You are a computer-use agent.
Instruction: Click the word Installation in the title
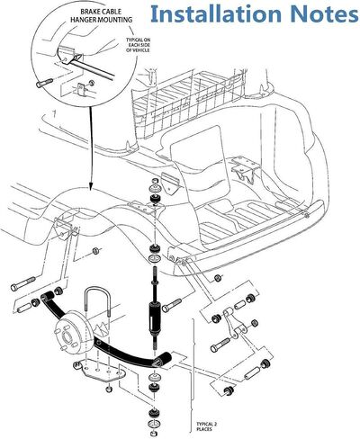point(215,13)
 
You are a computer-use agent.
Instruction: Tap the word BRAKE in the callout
point(89,12)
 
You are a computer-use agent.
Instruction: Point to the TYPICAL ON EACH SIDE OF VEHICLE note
point(138,45)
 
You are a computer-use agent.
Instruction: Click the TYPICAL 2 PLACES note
point(206,426)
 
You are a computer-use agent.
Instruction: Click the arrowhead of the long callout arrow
point(90,187)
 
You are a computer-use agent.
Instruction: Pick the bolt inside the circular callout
point(45,83)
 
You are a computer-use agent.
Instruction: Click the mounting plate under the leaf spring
point(100,371)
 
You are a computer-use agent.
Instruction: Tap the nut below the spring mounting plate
point(109,390)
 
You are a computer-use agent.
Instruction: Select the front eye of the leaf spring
point(47,298)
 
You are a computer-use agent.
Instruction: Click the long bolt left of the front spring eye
point(23,283)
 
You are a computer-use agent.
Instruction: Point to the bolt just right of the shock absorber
point(172,304)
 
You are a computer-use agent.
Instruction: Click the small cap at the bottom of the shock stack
point(155,433)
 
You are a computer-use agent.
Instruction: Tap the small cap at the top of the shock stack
point(155,181)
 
